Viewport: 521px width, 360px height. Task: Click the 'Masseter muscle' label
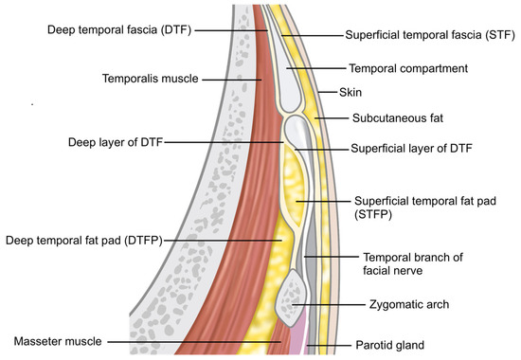(x=59, y=339)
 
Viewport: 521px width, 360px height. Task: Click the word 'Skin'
(x=352, y=94)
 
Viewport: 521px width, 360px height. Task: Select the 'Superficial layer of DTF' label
(x=412, y=149)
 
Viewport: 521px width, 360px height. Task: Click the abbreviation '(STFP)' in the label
(x=375, y=215)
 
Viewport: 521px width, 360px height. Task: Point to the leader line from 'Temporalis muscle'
(x=227, y=80)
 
